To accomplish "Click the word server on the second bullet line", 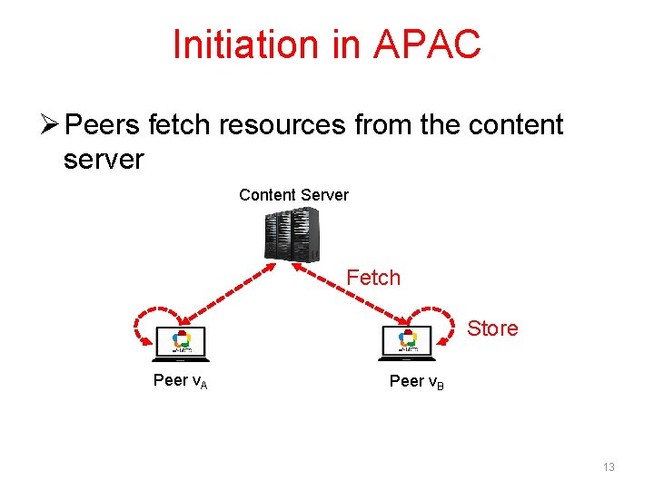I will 104,160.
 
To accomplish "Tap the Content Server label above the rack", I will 293,195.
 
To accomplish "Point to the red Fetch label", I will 373,278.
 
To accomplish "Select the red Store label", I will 492,328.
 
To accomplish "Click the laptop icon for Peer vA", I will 182,342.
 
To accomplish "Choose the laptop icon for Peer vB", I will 408,341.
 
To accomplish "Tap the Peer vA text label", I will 180,381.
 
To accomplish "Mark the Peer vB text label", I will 416,382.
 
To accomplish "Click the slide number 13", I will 609,467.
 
